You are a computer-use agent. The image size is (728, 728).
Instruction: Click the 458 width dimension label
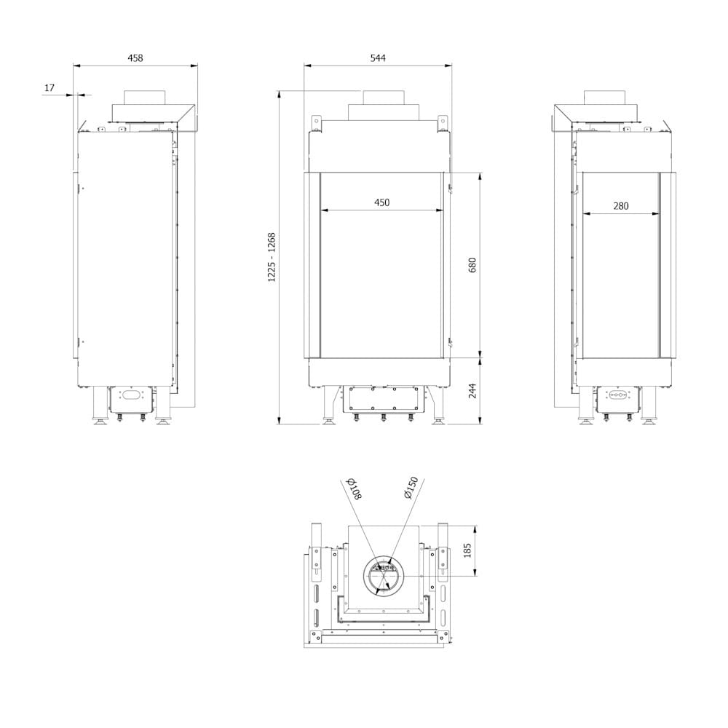point(135,58)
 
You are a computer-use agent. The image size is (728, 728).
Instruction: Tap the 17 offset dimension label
point(50,88)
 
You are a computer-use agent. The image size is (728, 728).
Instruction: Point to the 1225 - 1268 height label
point(272,257)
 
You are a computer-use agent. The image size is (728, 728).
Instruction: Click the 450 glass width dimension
point(381,203)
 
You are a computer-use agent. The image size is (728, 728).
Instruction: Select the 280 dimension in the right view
point(620,206)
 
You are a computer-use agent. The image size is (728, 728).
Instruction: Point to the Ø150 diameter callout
point(409,488)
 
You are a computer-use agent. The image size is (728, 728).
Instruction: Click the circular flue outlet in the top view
point(382,575)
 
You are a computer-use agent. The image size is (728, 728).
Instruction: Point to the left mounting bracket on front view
point(318,122)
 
